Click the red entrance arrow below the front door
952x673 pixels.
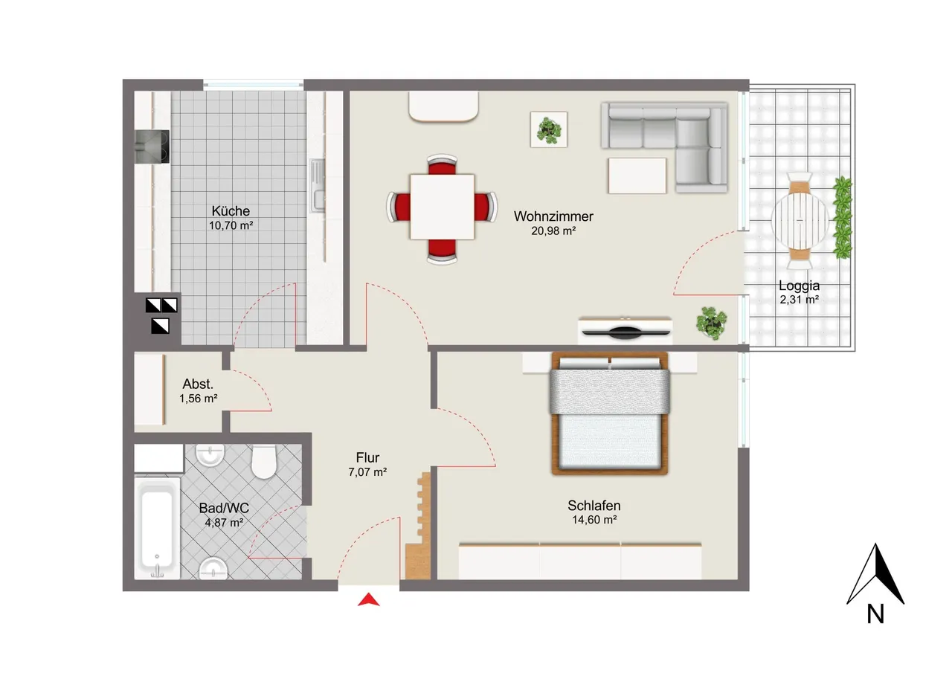(368, 599)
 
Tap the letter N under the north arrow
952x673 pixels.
(875, 614)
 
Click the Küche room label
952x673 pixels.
(231, 210)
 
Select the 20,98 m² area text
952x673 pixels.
(553, 231)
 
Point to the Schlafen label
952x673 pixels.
(594, 506)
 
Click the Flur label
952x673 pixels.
(367, 457)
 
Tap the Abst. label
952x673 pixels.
(198, 384)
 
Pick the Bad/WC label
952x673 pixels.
(224, 508)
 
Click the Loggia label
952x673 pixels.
(799, 286)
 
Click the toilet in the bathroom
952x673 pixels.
(263, 461)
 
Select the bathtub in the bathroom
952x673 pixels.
(157, 528)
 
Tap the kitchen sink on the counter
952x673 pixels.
(317, 186)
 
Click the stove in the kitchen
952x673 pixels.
(152, 146)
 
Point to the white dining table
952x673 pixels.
(442, 207)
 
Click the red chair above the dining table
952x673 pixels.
(442, 165)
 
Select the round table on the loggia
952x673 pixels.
(800, 221)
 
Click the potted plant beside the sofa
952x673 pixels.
(549, 129)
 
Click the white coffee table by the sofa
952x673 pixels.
(637, 176)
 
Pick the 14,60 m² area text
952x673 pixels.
(594, 520)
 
